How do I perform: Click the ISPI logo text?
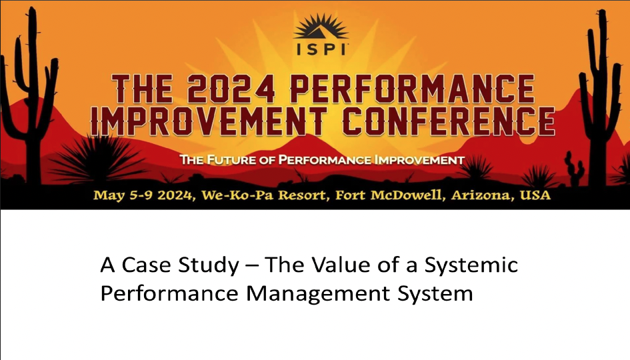[321, 49]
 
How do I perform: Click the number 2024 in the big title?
[231, 89]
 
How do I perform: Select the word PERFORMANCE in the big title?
[412, 89]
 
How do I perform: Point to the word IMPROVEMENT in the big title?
[208, 121]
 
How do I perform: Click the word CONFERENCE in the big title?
[449, 121]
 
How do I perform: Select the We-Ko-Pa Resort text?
[264, 195]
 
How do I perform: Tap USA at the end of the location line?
[535, 195]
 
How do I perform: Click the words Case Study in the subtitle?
[181, 265]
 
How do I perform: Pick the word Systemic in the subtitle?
[471, 265]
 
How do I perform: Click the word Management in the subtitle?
[318, 294]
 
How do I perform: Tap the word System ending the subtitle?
[435, 294]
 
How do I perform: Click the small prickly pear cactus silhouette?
[575, 169]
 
